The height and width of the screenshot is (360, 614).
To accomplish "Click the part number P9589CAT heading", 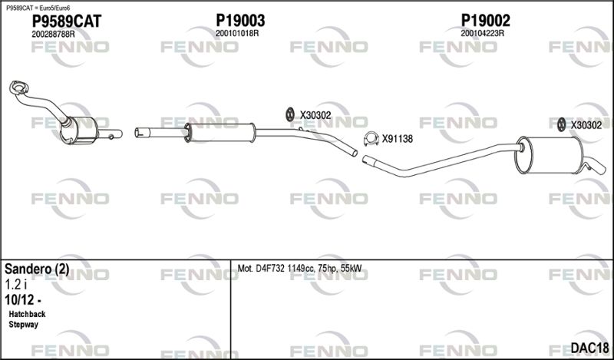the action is point(67,21).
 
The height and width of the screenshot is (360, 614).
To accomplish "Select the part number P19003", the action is point(240,20).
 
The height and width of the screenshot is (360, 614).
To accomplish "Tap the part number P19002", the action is point(486,20).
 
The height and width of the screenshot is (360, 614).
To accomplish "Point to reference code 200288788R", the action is point(53,34).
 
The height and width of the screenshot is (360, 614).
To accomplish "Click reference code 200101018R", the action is point(237,33).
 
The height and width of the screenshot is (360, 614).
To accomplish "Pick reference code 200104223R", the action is point(482,33).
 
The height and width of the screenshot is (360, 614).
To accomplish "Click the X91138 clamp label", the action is point(398,139).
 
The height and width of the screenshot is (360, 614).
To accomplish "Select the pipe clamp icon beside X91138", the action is point(371,139).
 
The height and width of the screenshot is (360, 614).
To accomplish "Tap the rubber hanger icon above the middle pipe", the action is point(290,114).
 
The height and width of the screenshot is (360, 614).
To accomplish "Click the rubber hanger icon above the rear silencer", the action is point(562,124).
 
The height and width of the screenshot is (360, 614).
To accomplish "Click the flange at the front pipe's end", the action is point(18,88).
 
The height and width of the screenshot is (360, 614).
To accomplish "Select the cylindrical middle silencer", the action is point(220,132).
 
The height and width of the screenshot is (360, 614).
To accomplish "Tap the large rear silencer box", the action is point(549,155).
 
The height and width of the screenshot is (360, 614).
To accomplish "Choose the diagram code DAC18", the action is point(589,348).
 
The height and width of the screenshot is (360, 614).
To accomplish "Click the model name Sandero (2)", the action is point(37,269).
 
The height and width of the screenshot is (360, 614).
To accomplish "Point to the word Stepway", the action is point(24,325).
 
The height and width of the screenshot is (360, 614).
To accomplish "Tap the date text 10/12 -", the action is point(23,300).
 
